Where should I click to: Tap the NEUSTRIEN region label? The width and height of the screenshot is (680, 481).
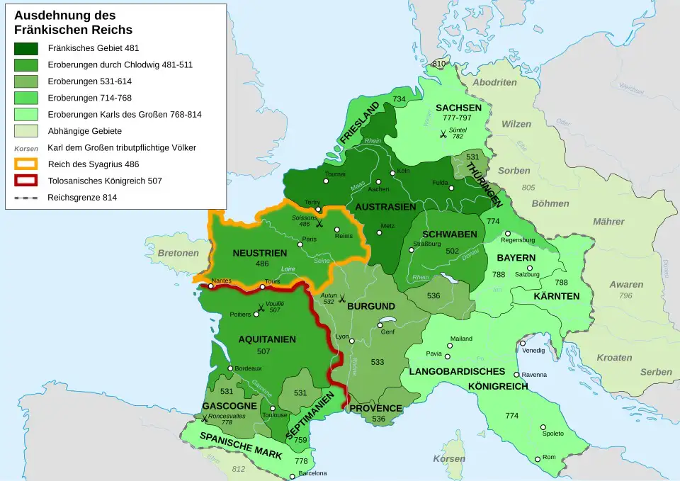[x=259, y=253]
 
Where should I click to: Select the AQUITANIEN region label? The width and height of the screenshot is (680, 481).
[x=267, y=339]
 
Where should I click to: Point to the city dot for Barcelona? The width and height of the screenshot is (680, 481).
[x=292, y=477]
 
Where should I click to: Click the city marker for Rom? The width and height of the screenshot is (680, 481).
[x=538, y=459]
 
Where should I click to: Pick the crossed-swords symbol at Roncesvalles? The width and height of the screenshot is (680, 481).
[x=204, y=419]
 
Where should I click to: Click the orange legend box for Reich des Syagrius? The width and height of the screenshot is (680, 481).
[x=26, y=164]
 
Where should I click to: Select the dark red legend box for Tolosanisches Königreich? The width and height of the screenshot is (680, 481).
[x=26, y=181]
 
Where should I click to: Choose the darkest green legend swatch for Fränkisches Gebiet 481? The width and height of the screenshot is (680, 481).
[x=26, y=49]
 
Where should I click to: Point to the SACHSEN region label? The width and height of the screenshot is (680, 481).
[x=458, y=108]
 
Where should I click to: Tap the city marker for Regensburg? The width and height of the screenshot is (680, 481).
[x=506, y=233]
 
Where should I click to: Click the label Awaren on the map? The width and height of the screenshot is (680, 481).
[x=626, y=285]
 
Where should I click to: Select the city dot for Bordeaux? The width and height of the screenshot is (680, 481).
[x=230, y=368]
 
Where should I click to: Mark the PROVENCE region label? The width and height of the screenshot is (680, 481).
[x=375, y=408]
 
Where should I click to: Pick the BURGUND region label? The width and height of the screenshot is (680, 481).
[x=370, y=306]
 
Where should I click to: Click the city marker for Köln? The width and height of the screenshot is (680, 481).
[x=391, y=172]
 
